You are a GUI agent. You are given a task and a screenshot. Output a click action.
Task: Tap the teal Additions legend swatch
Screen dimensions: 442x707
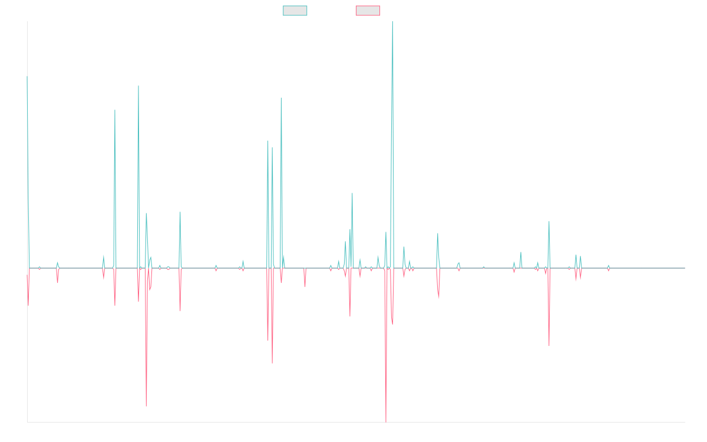pos(295,11)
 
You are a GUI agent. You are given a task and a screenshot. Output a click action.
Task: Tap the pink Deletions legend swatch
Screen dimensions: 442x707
pos(368,11)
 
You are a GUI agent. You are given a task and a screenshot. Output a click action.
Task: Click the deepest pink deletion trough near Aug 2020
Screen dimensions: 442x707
pos(386,421)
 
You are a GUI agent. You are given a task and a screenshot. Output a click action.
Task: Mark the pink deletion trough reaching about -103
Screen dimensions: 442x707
pos(146,406)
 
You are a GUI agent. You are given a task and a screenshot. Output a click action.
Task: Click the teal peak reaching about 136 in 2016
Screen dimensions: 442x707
pos(138,87)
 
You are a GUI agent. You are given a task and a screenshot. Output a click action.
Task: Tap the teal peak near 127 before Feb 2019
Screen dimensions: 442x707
pos(281,98)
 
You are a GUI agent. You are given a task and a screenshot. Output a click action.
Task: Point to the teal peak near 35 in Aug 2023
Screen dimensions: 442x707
pos(549,222)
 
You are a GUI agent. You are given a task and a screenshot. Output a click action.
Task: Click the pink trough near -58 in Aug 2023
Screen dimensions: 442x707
pos(549,345)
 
